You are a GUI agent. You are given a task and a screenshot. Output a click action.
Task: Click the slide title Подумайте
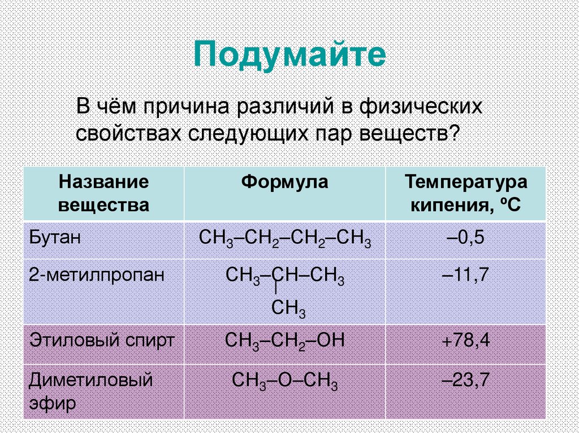289,55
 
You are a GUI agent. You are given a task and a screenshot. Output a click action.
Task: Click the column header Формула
284,182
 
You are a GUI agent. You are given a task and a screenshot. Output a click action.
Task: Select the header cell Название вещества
104,193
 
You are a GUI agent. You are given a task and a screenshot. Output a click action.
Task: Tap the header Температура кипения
465,193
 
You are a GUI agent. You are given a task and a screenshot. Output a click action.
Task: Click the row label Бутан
55,237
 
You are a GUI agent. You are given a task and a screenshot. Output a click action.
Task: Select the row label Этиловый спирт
102,340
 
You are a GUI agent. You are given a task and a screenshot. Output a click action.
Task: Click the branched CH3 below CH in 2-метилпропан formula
288,308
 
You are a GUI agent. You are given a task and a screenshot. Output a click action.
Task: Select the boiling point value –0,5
465,237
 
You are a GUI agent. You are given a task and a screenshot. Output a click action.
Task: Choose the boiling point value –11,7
465,275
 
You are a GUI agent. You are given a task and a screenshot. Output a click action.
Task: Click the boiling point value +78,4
465,341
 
